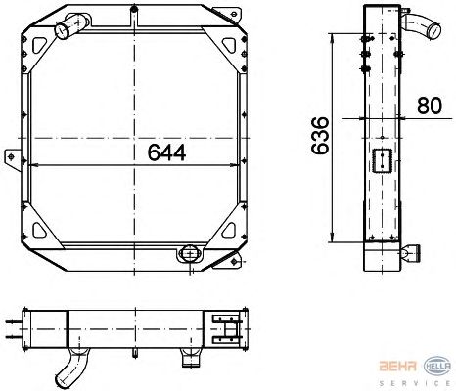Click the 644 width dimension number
coord(166,152)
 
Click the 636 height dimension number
coord(320,135)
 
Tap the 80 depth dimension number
coord(430,106)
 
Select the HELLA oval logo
coord(437,366)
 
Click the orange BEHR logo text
coord(397,366)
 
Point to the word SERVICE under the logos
coord(415,383)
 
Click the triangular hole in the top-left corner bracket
coord(39,45)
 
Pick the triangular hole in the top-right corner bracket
coord(229,45)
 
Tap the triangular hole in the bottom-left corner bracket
coord(39,230)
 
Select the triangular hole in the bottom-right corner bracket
coord(229,230)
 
